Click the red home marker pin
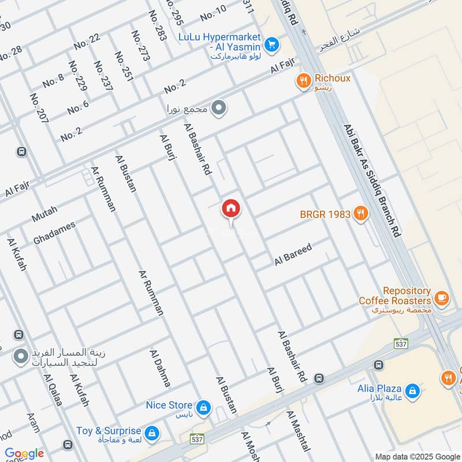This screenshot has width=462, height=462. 231,208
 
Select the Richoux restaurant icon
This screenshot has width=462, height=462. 303,81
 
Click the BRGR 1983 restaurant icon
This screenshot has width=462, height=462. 361,213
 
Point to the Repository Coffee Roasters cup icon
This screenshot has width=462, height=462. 442,298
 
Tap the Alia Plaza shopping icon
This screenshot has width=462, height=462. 412,391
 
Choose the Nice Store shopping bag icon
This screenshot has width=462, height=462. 203,408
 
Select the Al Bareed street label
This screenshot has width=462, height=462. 293,255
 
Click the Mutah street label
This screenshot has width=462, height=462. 44,215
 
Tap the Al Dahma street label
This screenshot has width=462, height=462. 160,368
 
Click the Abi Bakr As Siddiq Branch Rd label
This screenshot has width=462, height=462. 371,180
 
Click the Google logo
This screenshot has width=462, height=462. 24,453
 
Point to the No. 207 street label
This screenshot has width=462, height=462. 39,110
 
